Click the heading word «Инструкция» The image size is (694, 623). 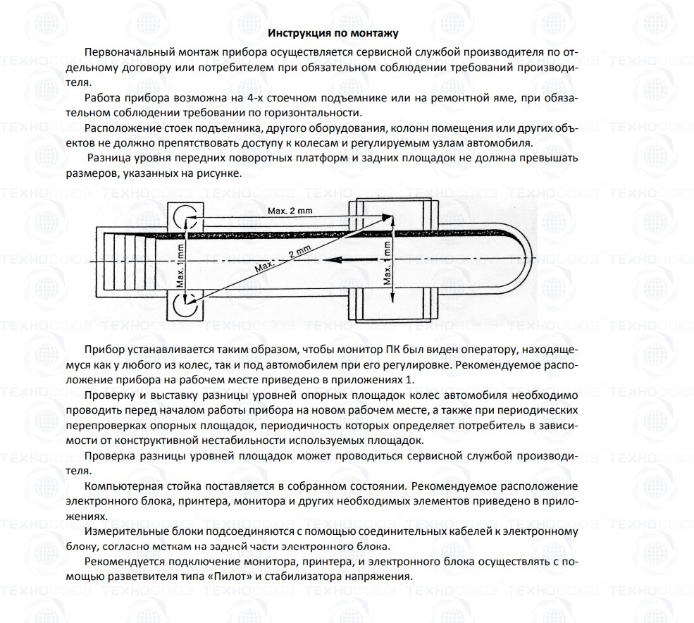(x=299, y=33)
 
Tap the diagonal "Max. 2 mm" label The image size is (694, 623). (x=283, y=259)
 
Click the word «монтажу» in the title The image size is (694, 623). (x=376, y=33)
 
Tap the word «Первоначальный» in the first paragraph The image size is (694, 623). (x=127, y=53)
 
